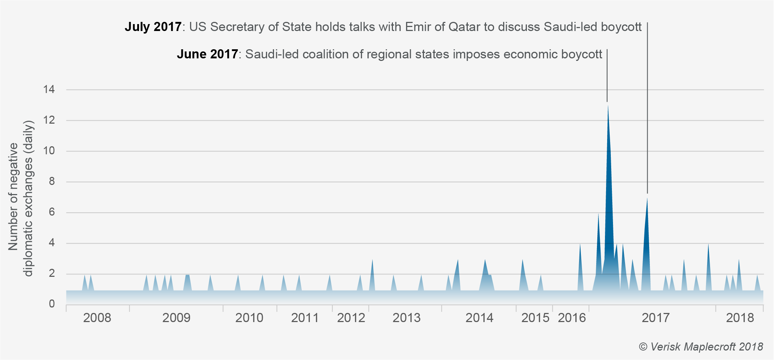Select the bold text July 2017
point(153,27)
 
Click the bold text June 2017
point(207,54)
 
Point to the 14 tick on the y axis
point(49,89)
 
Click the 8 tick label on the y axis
point(51,181)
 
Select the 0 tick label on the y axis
point(51,304)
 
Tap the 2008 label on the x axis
point(97,318)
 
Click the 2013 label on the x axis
point(406,318)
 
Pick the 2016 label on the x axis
point(572,318)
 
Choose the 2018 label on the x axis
point(740,318)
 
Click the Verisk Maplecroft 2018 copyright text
point(701,347)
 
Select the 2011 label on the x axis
point(305,318)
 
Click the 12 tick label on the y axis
point(49,120)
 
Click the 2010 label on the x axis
point(249,318)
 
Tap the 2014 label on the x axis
point(479,318)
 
